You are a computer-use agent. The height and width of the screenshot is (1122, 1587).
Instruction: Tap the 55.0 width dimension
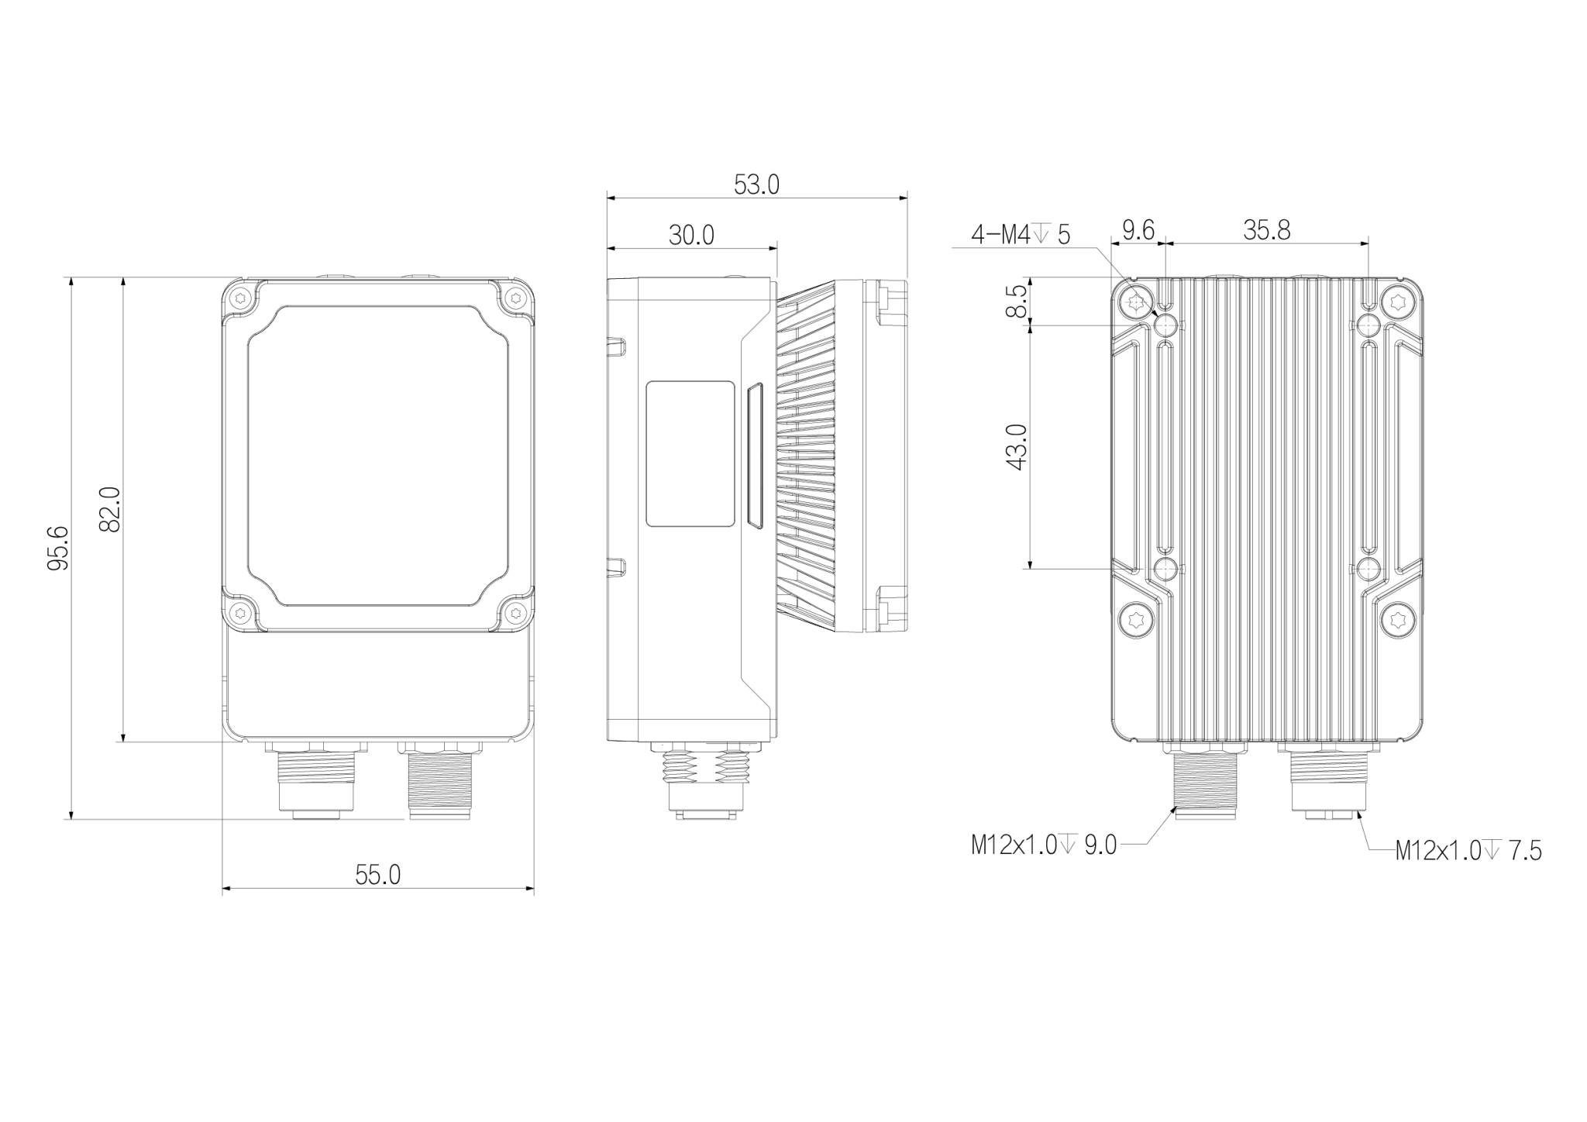(378, 875)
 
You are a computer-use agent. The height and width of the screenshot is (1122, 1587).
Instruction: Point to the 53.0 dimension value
(756, 184)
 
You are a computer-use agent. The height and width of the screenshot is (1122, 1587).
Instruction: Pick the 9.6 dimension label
(1138, 230)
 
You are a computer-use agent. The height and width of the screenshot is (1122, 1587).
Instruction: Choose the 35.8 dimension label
(1267, 230)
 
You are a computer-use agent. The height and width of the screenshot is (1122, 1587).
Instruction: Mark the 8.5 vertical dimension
(1017, 301)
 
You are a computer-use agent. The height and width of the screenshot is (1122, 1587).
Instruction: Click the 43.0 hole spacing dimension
(1016, 447)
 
